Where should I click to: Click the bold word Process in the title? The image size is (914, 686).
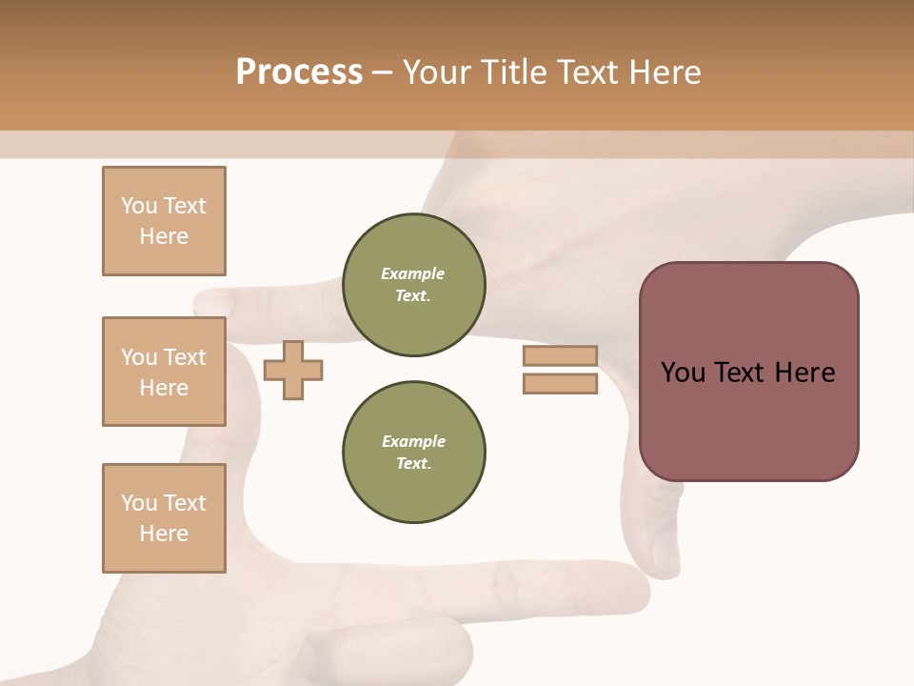(299, 72)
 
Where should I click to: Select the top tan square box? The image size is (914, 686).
(164, 221)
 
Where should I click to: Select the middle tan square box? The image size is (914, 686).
(164, 372)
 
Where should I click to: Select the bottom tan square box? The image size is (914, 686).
(164, 518)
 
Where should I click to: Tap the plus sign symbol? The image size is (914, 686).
(293, 370)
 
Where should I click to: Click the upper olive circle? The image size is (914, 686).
(413, 285)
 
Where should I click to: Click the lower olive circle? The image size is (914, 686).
(413, 453)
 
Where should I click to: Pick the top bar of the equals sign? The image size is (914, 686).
(560, 355)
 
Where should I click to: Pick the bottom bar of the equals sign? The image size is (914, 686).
(560, 384)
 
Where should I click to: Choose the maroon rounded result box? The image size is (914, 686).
(748, 371)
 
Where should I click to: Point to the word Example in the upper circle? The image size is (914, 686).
(413, 274)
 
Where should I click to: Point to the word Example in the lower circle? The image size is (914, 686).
(413, 442)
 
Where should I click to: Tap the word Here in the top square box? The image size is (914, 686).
(164, 237)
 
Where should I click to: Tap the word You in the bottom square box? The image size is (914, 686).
(139, 503)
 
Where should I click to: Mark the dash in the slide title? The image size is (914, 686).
(383, 72)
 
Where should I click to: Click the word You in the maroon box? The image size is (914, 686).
(683, 373)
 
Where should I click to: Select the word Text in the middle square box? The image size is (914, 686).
(185, 357)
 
